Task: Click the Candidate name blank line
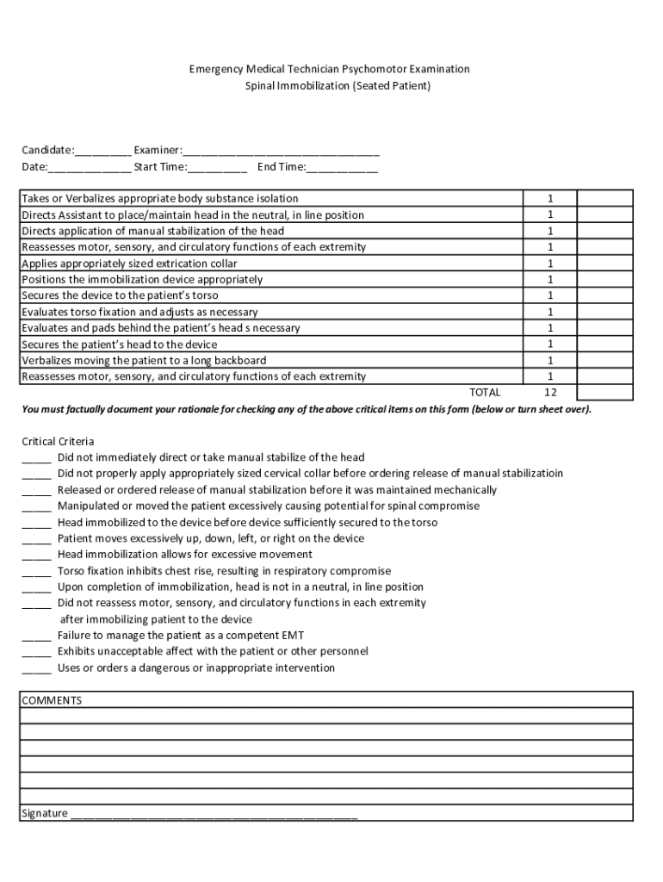pos(102,152)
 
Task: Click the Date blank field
pos(90,168)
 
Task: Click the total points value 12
pos(550,393)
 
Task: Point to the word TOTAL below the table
pos(484,393)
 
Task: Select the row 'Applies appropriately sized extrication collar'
pos(129,264)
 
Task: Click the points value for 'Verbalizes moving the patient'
pos(550,360)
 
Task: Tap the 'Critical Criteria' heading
pos(58,442)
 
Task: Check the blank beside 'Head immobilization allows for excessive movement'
pos(37,555)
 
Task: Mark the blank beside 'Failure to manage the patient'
pos(37,636)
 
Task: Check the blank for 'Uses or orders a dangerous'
pos(37,668)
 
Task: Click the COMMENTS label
pos(52,700)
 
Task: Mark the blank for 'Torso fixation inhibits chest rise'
pos(37,571)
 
